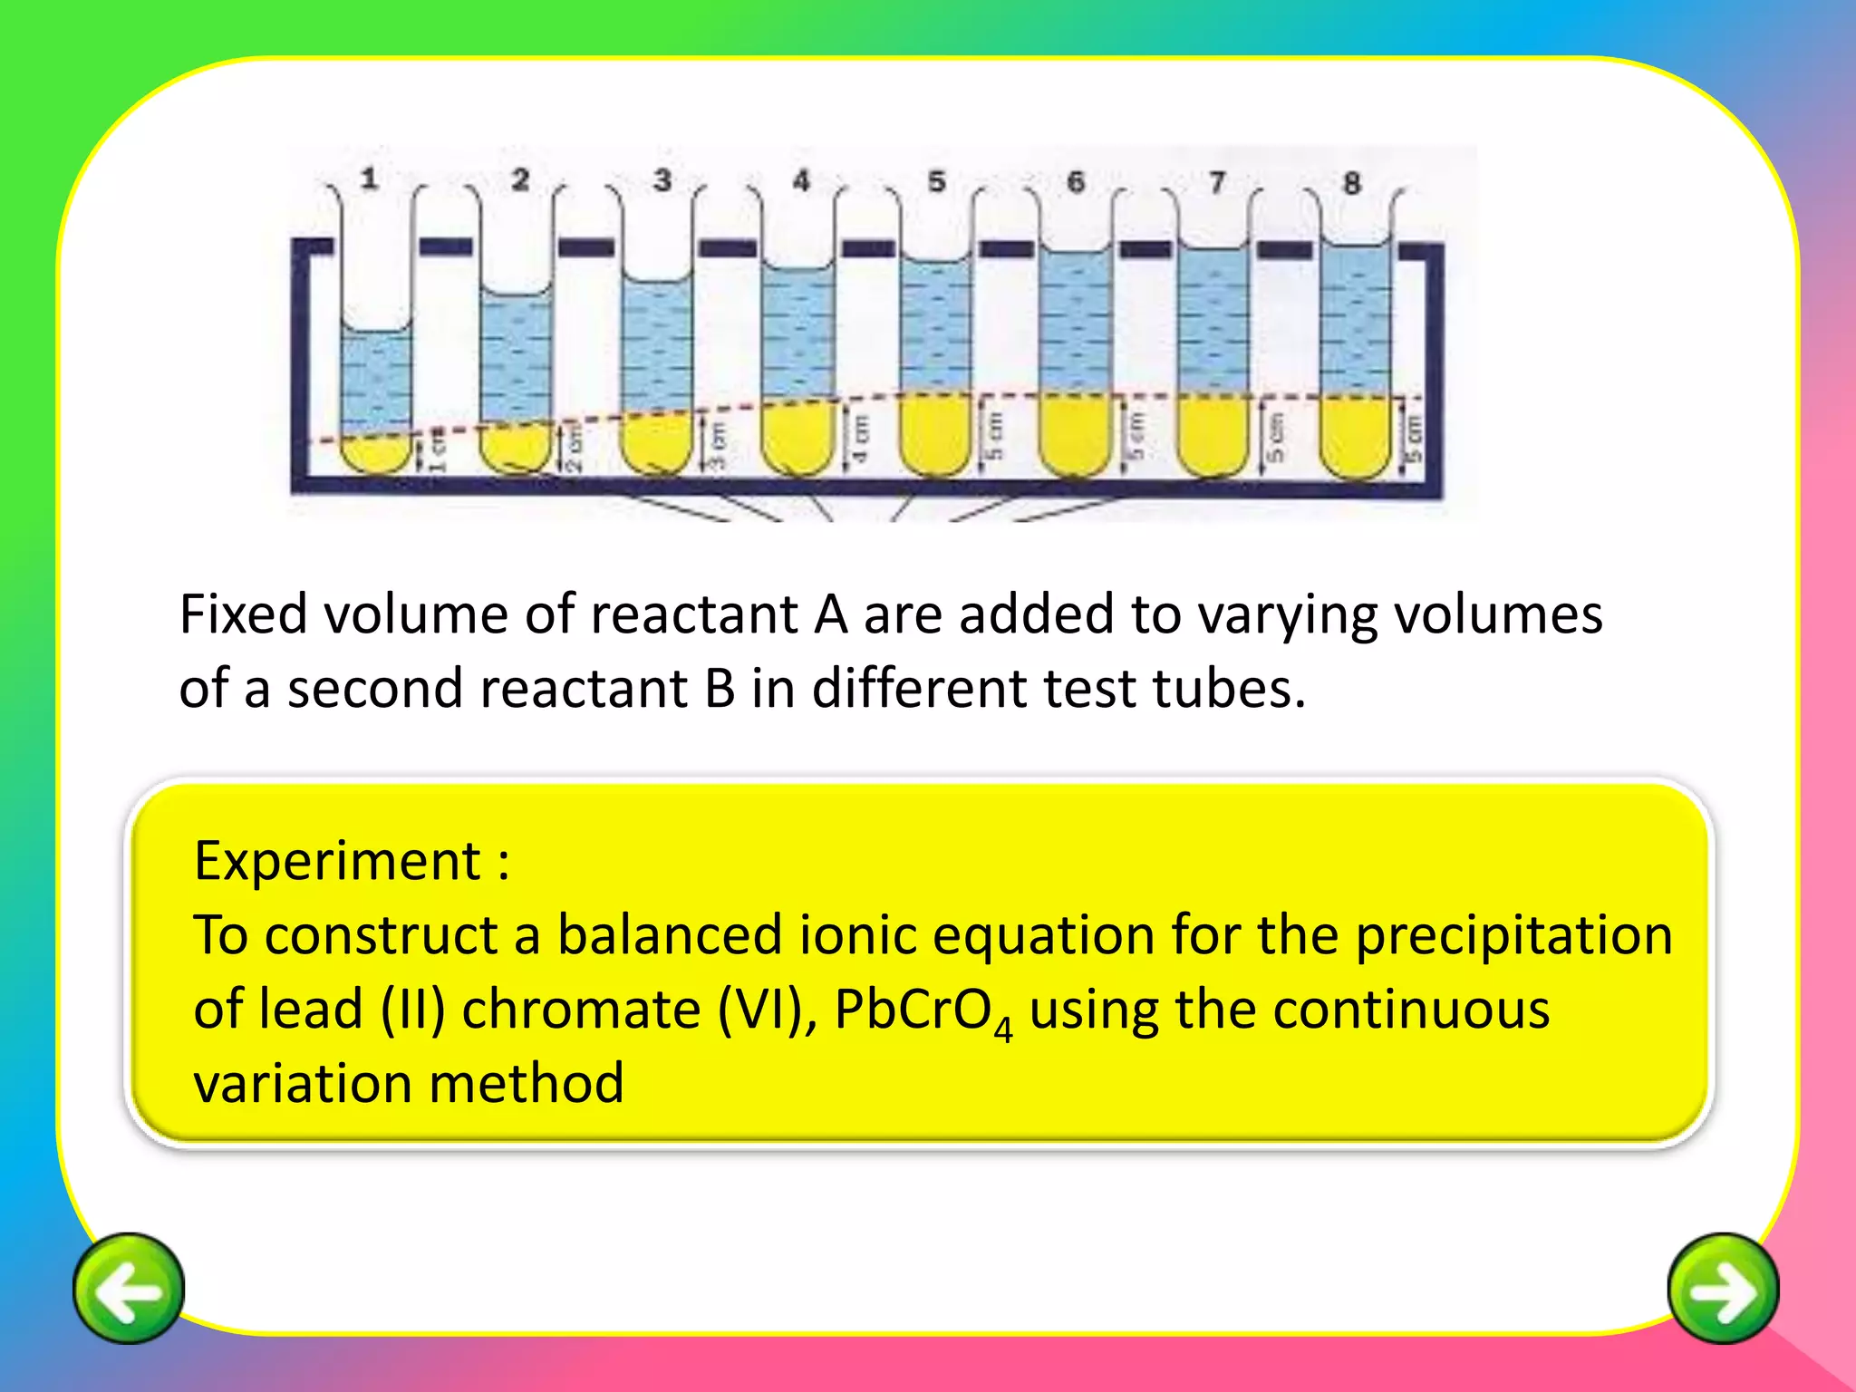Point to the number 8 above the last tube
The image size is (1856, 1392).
tap(1351, 183)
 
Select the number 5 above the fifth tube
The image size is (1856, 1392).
tap(936, 181)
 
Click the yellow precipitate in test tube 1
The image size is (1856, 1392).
tap(376, 453)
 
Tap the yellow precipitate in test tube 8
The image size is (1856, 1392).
tap(1354, 437)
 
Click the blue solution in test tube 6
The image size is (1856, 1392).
tap(1075, 322)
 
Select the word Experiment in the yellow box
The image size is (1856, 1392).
tap(337, 860)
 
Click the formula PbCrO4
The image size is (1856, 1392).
tap(922, 1010)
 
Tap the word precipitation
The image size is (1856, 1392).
tap(1513, 934)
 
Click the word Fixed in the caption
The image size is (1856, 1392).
tap(243, 614)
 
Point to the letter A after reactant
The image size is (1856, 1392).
tap(831, 614)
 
